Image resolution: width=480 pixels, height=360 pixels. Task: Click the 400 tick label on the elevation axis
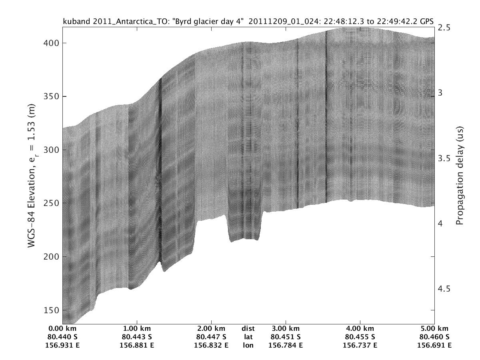click(x=51, y=43)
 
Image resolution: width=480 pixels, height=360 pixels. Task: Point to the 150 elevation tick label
click(x=51, y=310)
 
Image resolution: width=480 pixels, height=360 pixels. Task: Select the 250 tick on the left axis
click(x=51, y=203)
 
